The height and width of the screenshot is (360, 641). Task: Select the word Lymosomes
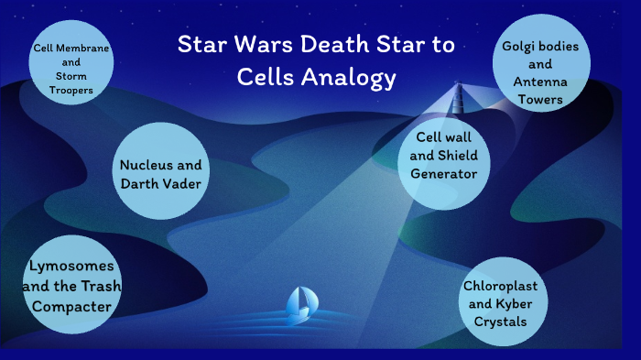point(71,266)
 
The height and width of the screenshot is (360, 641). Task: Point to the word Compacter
point(71,305)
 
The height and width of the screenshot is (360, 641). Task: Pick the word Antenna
point(540,82)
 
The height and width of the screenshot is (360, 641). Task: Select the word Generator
point(445,173)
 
